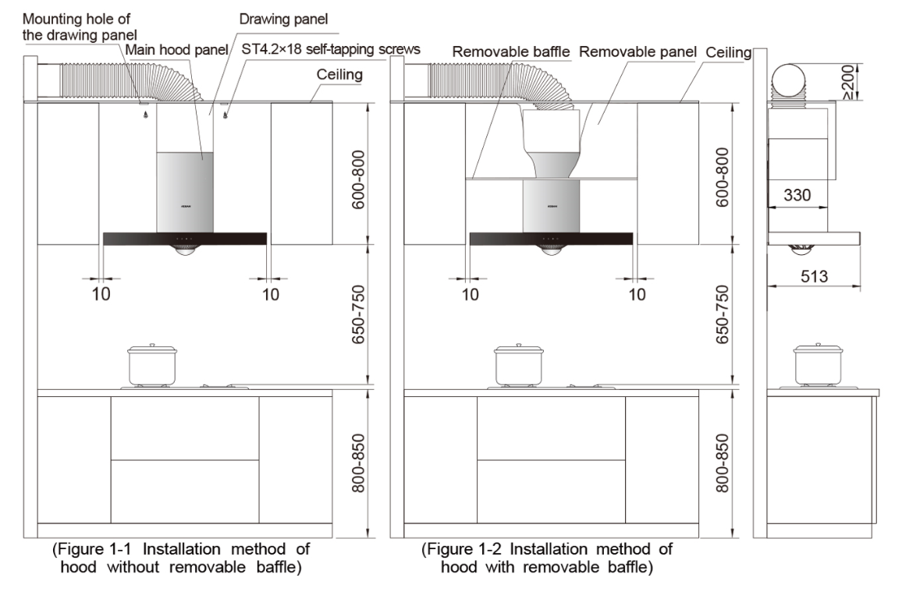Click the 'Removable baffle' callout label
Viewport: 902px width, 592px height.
[511, 51]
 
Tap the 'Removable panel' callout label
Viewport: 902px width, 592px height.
[637, 51]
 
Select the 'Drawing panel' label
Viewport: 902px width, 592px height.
[283, 19]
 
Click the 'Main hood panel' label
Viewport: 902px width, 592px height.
[176, 50]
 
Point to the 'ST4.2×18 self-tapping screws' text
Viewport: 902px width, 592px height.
[331, 49]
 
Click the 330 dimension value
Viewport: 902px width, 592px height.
[797, 195]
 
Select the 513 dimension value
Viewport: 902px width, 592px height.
[814, 276]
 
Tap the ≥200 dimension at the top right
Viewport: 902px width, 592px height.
[848, 82]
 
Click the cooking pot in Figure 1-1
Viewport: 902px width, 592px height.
[152, 365]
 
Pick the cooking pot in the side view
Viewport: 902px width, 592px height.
[818, 365]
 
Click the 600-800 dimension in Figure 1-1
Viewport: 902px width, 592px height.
[358, 179]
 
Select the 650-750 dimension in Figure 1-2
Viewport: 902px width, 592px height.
[722, 314]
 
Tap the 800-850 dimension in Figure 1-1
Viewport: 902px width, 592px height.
[358, 463]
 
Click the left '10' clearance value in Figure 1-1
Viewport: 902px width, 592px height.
[101, 294]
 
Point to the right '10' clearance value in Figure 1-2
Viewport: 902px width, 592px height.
[637, 294]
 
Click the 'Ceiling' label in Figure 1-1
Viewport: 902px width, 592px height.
[339, 75]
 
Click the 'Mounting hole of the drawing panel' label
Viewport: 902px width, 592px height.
[80, 27]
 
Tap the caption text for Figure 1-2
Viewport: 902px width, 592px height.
[547, 558]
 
